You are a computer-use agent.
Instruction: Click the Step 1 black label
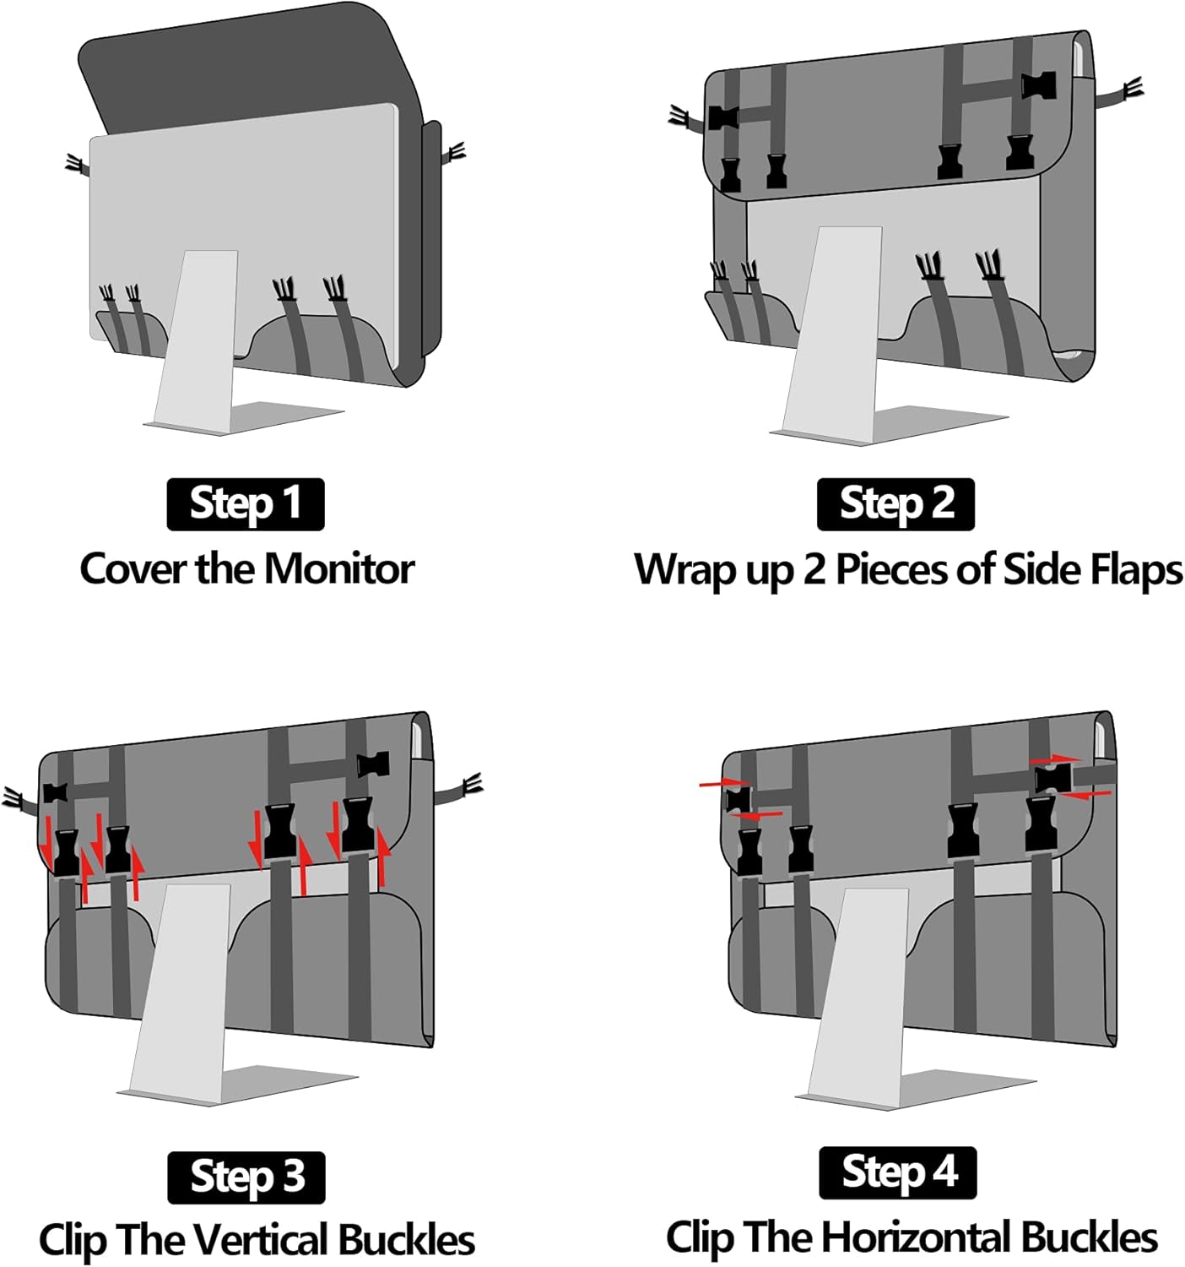point(246,504)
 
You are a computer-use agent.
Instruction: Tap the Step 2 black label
point(896,504)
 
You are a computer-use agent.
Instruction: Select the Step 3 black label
point(246,1177)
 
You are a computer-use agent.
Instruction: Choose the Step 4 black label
point(898,1172)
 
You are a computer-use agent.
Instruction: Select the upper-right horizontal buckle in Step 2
point(1037,84)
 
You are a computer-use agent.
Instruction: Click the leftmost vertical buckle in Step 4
point(749,851)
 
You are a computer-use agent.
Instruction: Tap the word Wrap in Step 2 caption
point(685,570)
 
